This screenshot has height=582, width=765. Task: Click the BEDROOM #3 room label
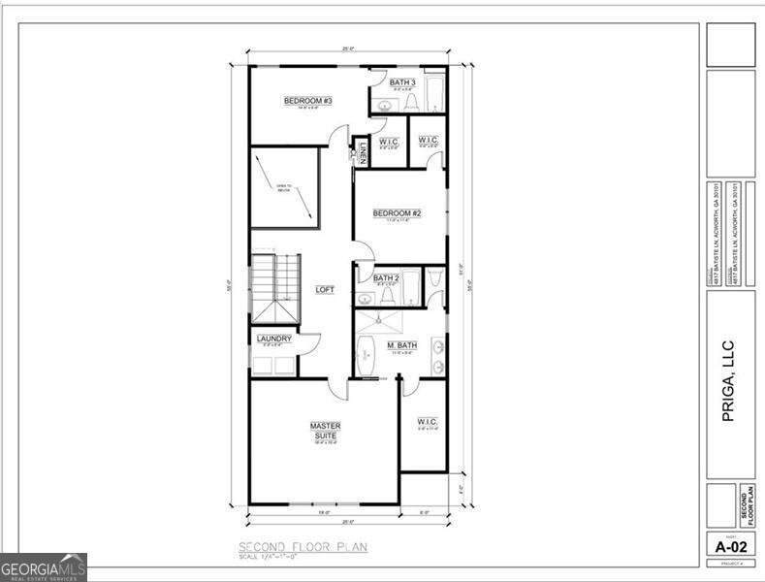point(308,101)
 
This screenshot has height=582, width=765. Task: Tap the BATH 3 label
point(402,82)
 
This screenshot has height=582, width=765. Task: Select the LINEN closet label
point(362,153)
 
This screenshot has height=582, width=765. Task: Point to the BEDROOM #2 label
point(398,213)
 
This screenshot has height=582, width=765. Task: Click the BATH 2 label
point(387,278)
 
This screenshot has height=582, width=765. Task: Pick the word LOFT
point(325,290)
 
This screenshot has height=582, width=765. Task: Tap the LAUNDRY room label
point(274,339)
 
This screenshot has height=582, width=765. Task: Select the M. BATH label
point(401,346)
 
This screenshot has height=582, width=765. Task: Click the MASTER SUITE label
point(325,431)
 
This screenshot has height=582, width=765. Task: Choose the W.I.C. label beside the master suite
point(427,422)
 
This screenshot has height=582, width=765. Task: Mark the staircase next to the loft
point(275,287)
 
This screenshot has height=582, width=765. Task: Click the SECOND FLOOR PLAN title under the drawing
point(303,547)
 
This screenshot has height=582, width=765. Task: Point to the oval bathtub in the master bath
point(366,357)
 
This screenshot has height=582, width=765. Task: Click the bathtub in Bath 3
point(433,93)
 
